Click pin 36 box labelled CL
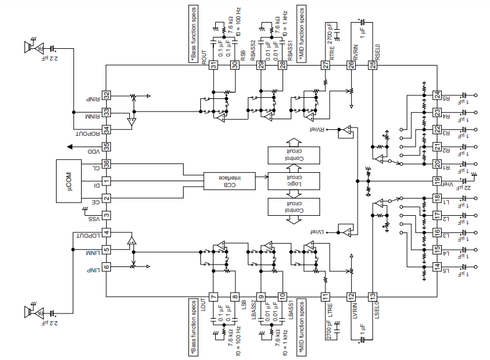[107, 163]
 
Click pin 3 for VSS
[107, 216]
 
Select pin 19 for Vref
[437, 181]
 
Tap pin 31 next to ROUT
[213, 65]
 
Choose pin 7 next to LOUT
[213, 296]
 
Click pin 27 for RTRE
[325, 65]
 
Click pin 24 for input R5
[437, 95]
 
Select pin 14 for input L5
[437, 266]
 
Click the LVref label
[317, 231]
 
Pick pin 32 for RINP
[107, 95]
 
